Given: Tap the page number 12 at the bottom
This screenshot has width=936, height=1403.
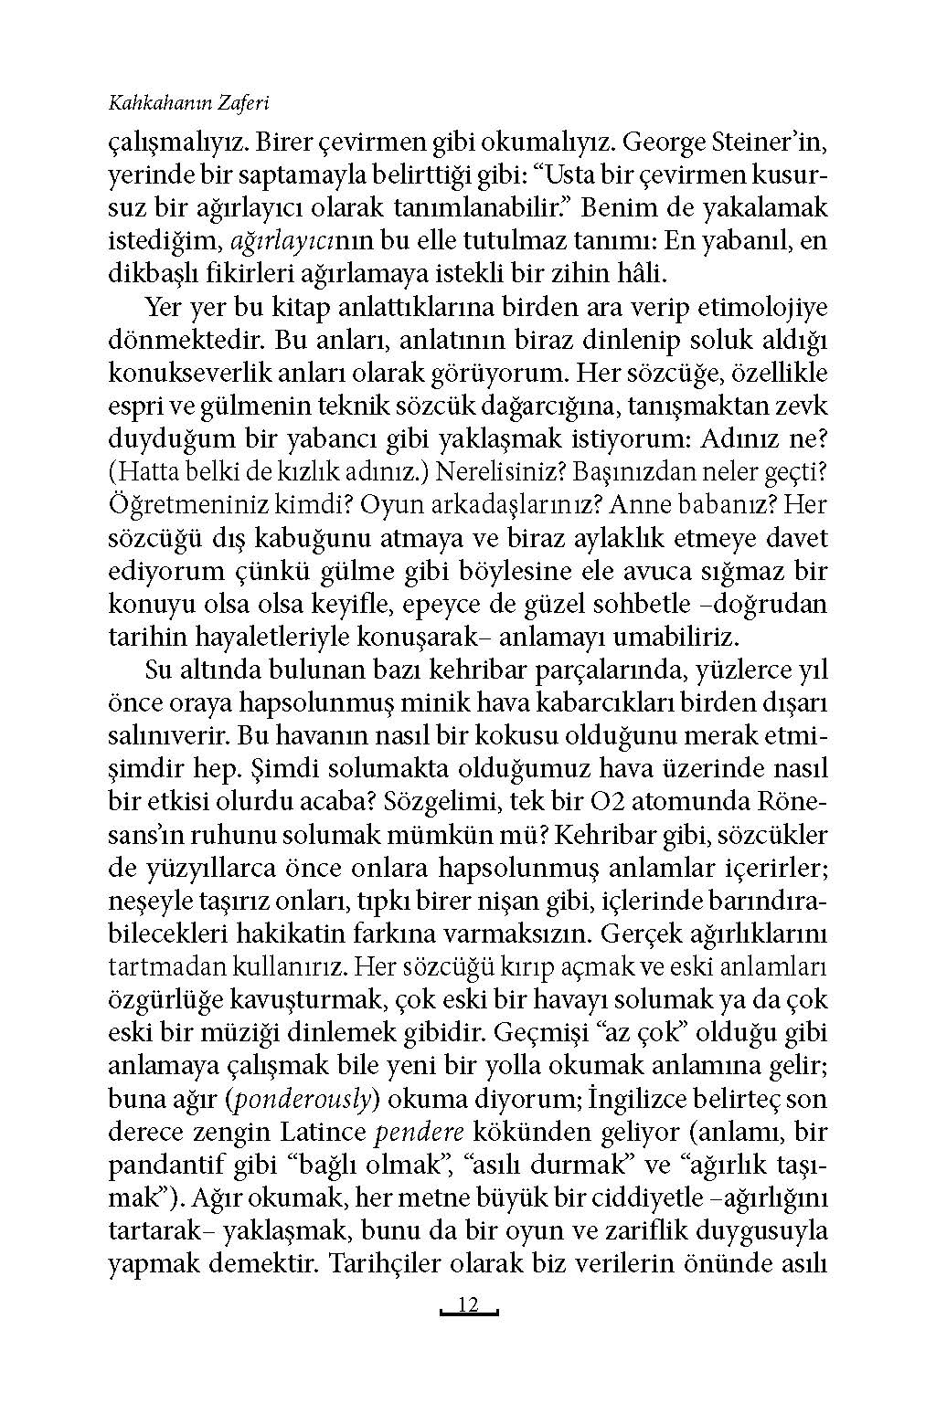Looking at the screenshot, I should click(468, 1305).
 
